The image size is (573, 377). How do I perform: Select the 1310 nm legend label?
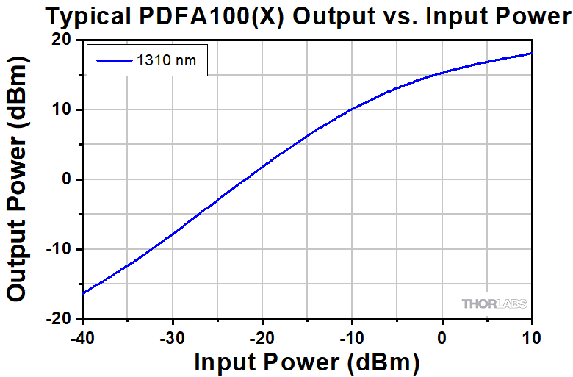pos(166,61)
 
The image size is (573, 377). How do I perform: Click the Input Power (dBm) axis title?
pos(306,362)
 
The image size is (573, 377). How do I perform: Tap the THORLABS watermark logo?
pos(494,304)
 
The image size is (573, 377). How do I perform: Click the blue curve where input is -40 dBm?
pos(83,293)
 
